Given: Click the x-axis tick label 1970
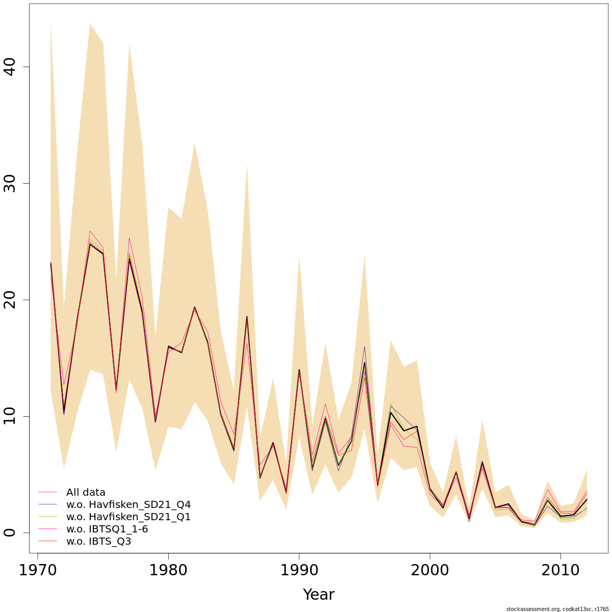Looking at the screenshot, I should click(37, 570).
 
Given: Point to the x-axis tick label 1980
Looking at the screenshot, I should click(168, 570).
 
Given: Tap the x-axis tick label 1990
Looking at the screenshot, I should click(299, 570).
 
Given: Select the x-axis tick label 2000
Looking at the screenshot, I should click(430, 570).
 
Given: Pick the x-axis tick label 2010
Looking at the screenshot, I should click(560, 570).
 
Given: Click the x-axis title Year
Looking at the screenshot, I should click(318, 595).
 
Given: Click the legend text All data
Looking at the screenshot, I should click(86, 493).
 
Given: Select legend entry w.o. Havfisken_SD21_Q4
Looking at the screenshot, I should click(129, 505).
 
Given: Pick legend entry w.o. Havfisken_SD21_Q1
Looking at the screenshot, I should click(129, 517).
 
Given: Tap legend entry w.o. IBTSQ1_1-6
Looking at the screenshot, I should click(107, 529).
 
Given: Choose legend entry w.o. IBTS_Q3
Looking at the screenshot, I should click(99, 542).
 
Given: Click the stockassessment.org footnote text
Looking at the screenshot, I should click(557, 609).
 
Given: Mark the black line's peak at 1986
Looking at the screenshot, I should click(247, 317).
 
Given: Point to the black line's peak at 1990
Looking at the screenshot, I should click(299, 370).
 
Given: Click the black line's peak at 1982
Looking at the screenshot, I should click(194, 307).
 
